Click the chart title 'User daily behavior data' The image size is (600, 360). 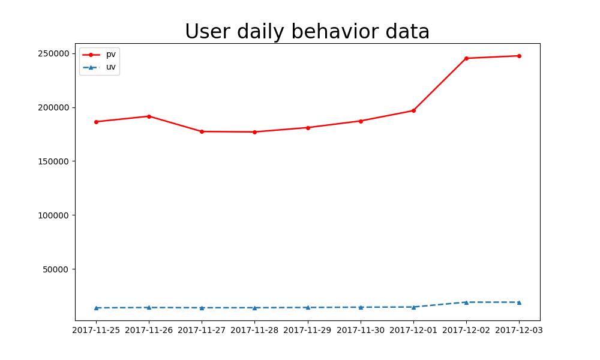click(x=307, y=32)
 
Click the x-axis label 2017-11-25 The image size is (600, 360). click(x=96, y=330)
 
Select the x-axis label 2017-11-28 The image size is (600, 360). click(x=254, y=330)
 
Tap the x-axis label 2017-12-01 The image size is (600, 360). click(x=413, y=330)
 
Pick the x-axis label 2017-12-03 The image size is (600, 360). click(x=519, y=330)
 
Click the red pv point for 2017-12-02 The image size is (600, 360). click(x=466, y=58)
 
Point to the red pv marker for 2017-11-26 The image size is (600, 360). click(x=149, y=116)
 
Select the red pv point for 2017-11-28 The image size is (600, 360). click(x=254, y=132)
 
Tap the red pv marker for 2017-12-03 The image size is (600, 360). click(x=519, y=56)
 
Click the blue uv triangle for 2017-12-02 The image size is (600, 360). click(x=466, y=302)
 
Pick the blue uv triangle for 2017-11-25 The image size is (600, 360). click(x=96, y=308)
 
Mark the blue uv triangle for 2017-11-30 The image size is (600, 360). click(x=361, y=307)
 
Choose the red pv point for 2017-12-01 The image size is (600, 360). click(x=413, y=110)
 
